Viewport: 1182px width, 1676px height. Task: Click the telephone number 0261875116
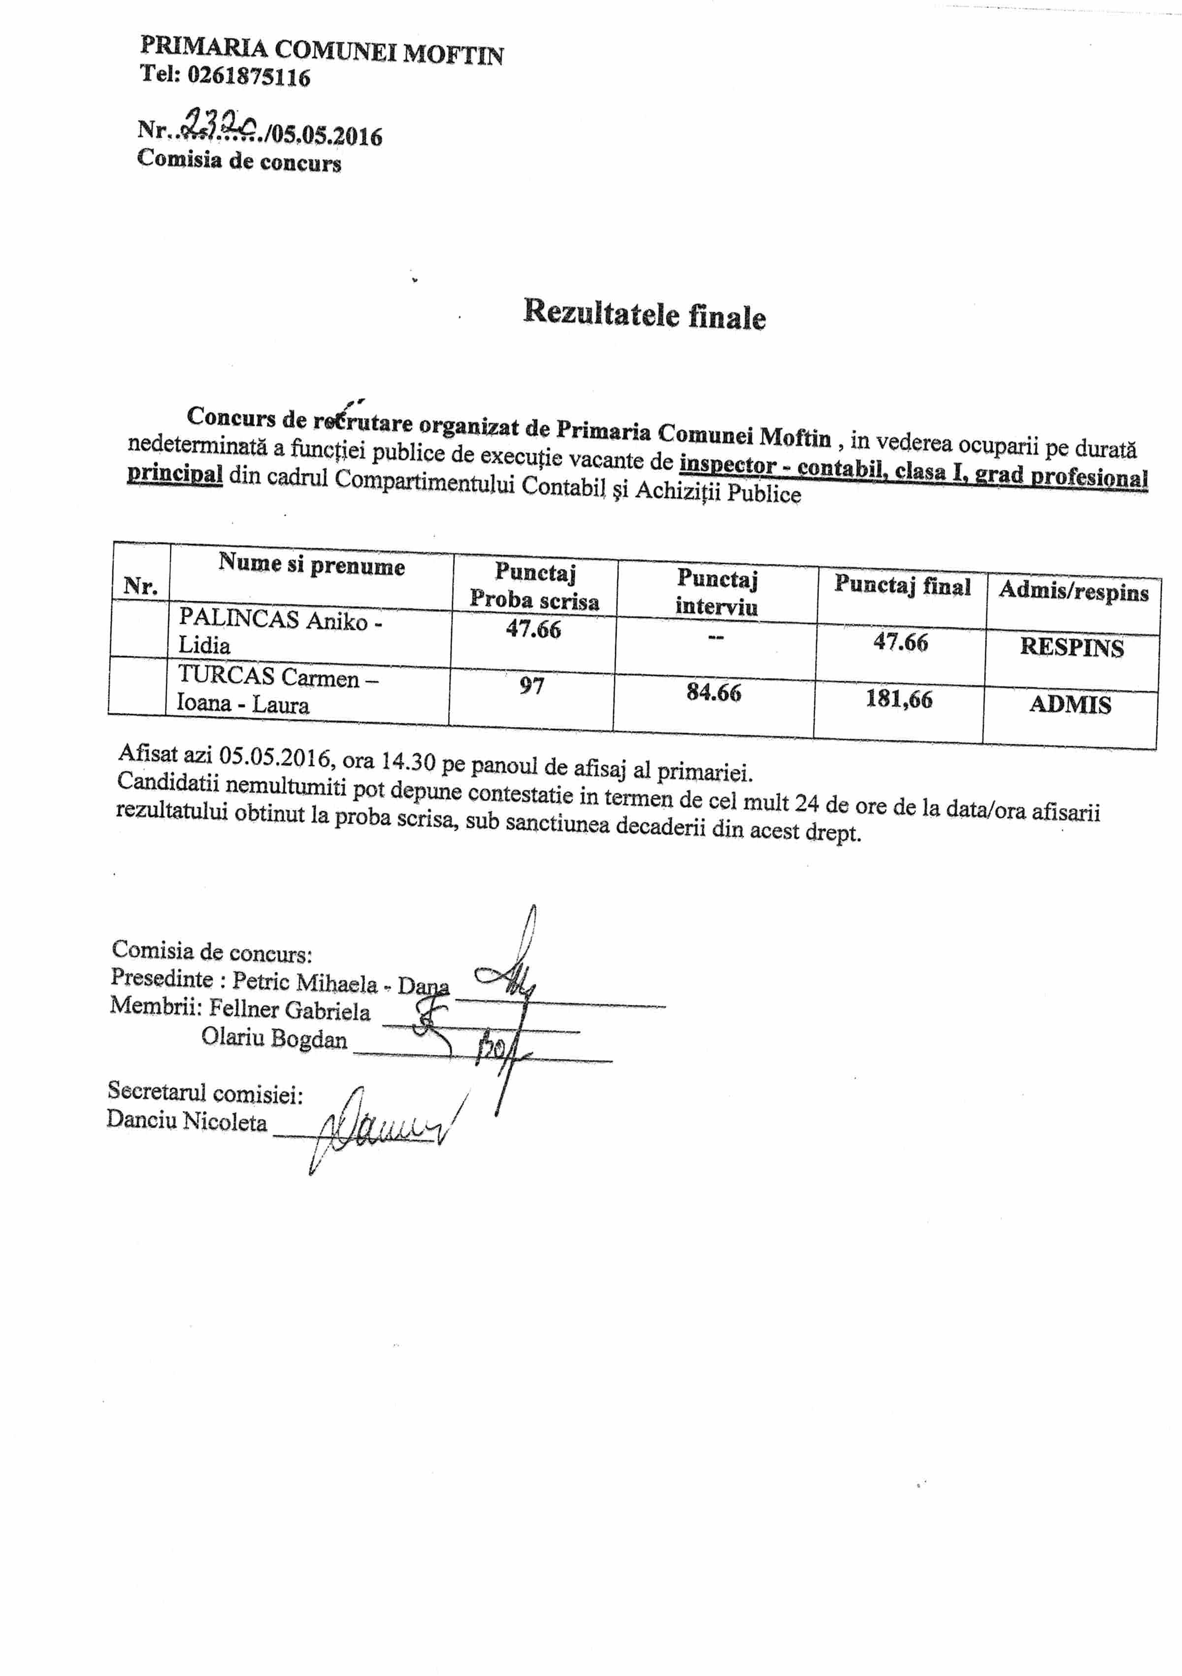(x=248, y=76)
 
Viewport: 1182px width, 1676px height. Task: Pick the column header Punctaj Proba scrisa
(x=534, y=586)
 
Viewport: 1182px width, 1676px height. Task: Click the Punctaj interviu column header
(x=716, y=592)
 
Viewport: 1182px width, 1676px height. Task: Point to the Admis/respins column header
(x=1073, y=591)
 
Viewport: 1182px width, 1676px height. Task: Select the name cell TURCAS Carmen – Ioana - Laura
(x=277, y=690)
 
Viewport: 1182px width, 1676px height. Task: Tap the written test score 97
(x=531, y=686)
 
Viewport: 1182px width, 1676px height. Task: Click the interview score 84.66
(x=713, y=692)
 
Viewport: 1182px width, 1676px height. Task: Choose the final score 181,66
(x=899, y=699)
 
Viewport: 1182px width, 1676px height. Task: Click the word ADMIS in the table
(x=1070, y=704)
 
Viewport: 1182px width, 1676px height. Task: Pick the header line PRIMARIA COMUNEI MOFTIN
(x=321, y=51)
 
